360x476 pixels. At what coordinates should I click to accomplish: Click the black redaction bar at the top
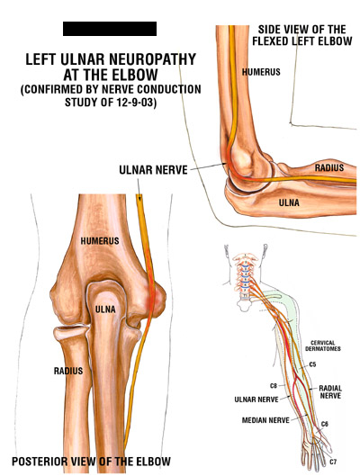click(110, 29)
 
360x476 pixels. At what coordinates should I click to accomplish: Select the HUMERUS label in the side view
click(261, 72)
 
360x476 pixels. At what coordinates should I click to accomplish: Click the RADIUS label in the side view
click(329, 167)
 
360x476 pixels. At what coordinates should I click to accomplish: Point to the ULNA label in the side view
click(289, 202)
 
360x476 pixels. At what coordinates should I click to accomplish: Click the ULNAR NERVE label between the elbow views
click(153, 170)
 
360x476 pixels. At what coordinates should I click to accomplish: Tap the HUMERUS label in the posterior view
click(100, 241)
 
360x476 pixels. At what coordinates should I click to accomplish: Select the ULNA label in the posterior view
click(105, 310)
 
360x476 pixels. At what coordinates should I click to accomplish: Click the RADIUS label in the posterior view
click(68, 371)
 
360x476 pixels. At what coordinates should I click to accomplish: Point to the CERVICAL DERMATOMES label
click(323, 346)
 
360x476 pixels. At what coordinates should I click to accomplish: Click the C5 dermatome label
click(312, 364)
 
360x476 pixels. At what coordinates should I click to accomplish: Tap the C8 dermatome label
click(274, 386)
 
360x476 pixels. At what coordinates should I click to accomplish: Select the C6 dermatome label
click(325, 424)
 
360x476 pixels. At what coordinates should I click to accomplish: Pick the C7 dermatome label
click(333, 462)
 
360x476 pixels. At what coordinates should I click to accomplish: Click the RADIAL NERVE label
click(330, 392)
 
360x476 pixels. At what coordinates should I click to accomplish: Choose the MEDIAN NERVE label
click(265, 420)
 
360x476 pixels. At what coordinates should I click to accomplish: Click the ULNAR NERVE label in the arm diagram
click(256, 400)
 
